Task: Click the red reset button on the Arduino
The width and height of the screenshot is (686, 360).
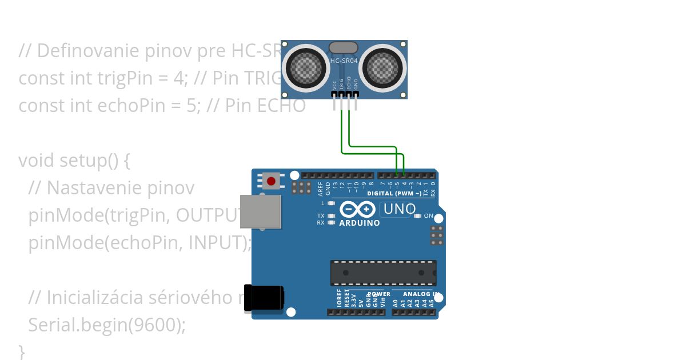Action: [271, 182]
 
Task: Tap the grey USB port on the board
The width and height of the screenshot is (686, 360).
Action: [261, 211]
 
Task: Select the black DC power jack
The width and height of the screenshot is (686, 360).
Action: [264, 298]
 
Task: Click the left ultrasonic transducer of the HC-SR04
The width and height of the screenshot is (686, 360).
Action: [305, 67]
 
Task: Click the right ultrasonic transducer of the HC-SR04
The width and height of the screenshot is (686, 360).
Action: [382, 67]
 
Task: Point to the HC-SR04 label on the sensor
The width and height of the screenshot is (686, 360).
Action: [344, 60]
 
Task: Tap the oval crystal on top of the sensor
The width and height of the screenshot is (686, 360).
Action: [344, 48]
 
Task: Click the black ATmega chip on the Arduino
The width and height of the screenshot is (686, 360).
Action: [383, 273]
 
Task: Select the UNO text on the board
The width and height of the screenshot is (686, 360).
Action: [399, 209]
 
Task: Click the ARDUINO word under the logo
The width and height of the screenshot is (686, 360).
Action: [360, 223]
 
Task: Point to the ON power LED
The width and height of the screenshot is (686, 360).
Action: [417, 216]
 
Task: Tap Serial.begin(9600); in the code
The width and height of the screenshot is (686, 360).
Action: [107, 325]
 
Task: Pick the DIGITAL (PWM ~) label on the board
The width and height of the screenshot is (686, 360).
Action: [394, 194]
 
